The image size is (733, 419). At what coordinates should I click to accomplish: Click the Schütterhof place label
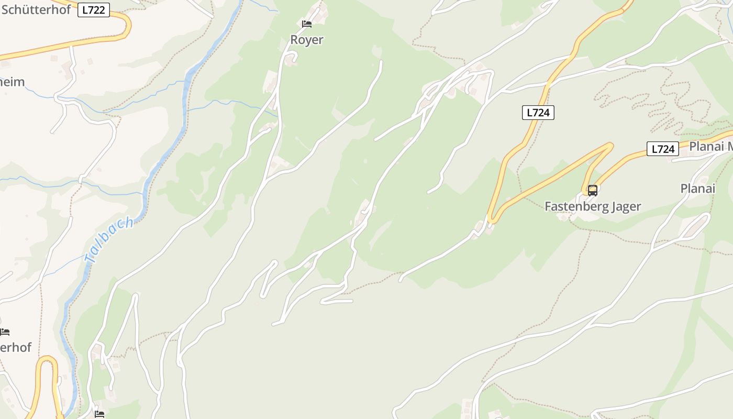pyautogui.click(x=36, y=9)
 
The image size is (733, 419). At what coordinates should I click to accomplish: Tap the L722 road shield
pyautogui.click(x=94, y=9)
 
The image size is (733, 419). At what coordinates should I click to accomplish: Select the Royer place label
pyautogui.click(x=307, y=40)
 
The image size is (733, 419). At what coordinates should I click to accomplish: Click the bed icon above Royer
pyautogui.click(x=307, y=24)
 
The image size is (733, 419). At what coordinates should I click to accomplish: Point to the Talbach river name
pyautogui.click(x=109, y=240)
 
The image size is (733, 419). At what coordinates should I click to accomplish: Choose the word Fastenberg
pyautogui.click(x=574, y=206)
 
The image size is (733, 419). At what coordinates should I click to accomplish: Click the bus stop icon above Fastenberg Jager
pyautogui.click(x=593, y=191)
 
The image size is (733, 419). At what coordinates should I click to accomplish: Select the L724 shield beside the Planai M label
pyautogui.click(x=663, y=149)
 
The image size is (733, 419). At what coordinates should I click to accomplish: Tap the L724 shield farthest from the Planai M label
pyautogui.click(x=538, y=112)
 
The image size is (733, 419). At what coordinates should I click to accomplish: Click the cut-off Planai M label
pyautogui.click(x=710, y=147)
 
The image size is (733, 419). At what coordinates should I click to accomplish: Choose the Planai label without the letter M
pyautogui.click(x=697, y=189)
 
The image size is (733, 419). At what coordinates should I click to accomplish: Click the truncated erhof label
pyautogui.click(x=16, y=347)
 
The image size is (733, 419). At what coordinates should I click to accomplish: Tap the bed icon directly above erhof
pyautogui.click(x=5, y=332)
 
